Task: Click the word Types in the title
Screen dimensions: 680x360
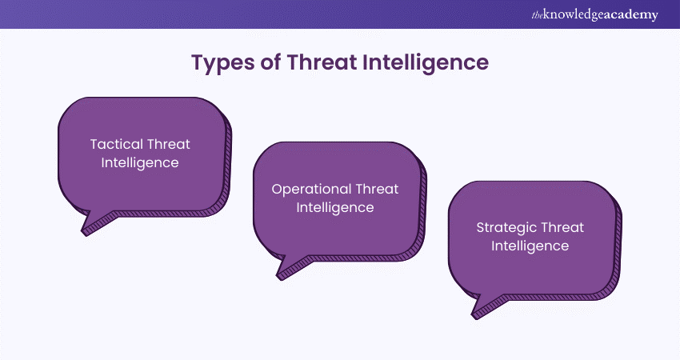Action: click(222, 63)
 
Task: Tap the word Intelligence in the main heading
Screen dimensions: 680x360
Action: click(426, 63)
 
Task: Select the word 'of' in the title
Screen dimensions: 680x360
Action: click(270, 62)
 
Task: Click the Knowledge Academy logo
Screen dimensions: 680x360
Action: click(595, 14)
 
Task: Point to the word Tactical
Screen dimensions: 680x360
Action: click(116, 144)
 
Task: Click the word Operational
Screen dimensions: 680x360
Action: click(311, 190)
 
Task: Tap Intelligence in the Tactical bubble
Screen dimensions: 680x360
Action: click(140, 163)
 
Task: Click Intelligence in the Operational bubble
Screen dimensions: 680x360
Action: click(335, 208)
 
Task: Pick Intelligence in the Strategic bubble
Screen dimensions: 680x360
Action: click(530, 246)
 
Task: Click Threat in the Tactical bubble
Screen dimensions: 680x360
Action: click(169, 144)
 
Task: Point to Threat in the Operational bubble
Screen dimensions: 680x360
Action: click(377, 189)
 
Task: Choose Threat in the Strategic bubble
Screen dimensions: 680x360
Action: click(562, 227)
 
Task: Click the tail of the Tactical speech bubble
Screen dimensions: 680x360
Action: click(94, 223)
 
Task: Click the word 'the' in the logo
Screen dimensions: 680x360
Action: click(538, 16)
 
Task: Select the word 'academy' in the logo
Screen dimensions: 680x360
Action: click(631, 16)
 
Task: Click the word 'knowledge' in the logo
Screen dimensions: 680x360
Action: click(574, 15)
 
